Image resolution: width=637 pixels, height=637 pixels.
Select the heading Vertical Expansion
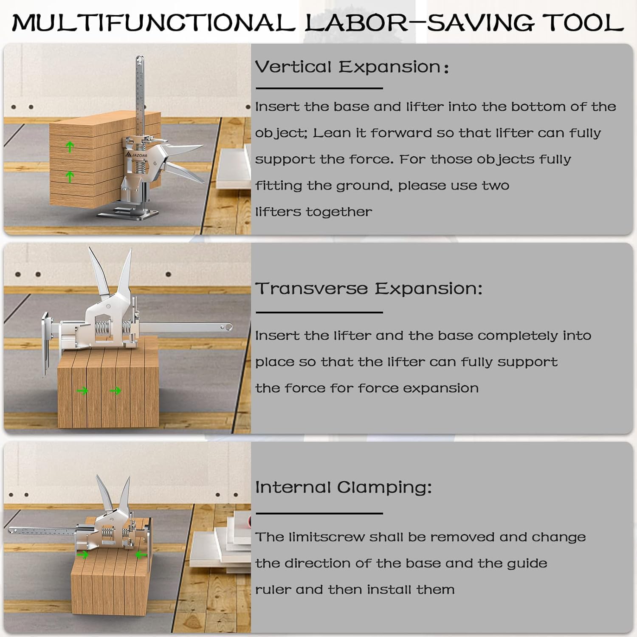pos(352,67)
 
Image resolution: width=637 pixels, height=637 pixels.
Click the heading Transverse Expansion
pos(369,288)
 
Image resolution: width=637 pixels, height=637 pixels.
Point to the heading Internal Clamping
pos(343,487)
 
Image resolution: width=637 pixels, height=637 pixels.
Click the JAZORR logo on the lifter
pos(137,155)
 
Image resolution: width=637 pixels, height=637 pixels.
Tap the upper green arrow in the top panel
pos(70,147)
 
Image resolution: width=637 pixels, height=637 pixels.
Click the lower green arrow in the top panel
pos(70,177)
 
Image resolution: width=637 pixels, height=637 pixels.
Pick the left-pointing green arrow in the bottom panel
pos(140,555)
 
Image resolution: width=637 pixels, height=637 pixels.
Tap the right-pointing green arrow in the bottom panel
pos(83,555)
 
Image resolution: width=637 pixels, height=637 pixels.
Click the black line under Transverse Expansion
pos(319,312)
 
